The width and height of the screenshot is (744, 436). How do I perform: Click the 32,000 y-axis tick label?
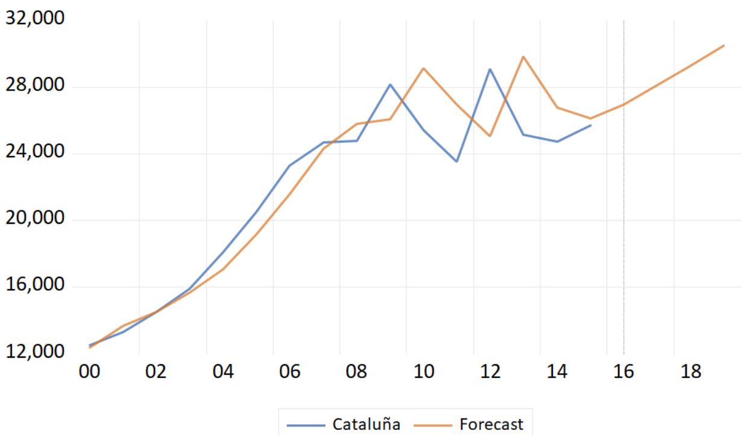click(x=34, y=18)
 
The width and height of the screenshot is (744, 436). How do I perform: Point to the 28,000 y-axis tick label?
click(x=34, y=85)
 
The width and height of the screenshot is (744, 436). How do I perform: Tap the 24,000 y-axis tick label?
click(x=34, y=151)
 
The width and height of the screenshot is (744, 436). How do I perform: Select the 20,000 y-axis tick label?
click(x=34, y=218)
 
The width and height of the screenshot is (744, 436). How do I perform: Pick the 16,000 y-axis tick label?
click(x=34, y=285)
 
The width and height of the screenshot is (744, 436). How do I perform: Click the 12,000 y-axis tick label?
click(x=34, y=351)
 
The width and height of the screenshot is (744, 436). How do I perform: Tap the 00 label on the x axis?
click(x=89, y=371)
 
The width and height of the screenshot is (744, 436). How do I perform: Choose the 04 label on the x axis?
click(x=223, y=371)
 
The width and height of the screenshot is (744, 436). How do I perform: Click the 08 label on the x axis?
click(x=356, y=371)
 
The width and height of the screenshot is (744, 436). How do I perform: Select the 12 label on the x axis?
click(x=490, y=371)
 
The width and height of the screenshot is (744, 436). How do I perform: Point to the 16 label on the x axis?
click(x=623, y=371)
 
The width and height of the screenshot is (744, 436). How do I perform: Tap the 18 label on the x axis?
click(x=691, y=371)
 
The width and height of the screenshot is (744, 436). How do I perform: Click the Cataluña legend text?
click(x=367, y=425)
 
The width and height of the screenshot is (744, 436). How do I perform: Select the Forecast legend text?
click(x=491, y=425)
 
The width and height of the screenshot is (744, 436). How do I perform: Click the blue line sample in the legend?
click(x=306, y=425)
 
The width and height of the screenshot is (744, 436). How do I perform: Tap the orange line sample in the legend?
click(x=433, y=425)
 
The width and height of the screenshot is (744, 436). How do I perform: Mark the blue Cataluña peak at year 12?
click(x=490, y=69)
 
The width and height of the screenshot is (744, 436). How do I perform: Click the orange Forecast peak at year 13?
click(x=523, y=57)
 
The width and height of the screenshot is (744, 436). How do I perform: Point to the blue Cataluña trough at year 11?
click(x=456, y=162)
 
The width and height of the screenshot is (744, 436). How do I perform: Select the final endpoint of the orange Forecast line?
click(x=724, y=45)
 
